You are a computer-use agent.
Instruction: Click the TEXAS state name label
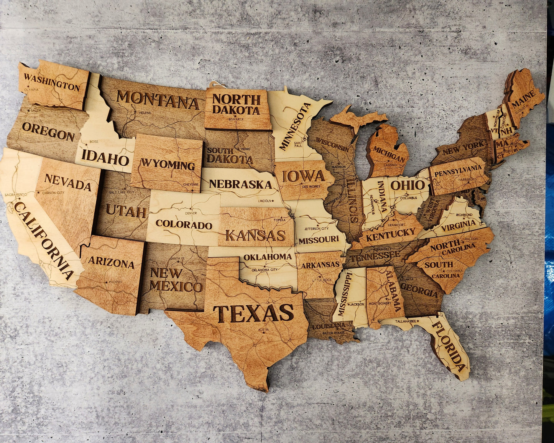pyautogui.click(x=253, y=313)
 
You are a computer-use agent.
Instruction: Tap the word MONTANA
pyautogui.click(x=158, y=100)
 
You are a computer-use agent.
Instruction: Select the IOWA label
pyautogui.click(x=303, y=176)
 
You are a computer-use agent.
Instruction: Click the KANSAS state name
pyautogui.click(x=255, y=235)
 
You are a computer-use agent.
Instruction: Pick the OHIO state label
pyautogui.click(x=408, y=185)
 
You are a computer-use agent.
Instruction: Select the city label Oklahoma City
pyautogui.click(x=265, y=270)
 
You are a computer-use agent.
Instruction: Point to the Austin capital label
pyautogui.click(x=263, y=329)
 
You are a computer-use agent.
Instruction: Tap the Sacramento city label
pyautogui.click(x=16, y=195)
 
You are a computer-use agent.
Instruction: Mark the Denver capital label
pyautogui.click(x=191, y=213)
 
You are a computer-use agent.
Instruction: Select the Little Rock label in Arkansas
pyautogui.click(x=322, y=280)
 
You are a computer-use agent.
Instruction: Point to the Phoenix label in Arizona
pyautogui.click(x=115, y=282)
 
